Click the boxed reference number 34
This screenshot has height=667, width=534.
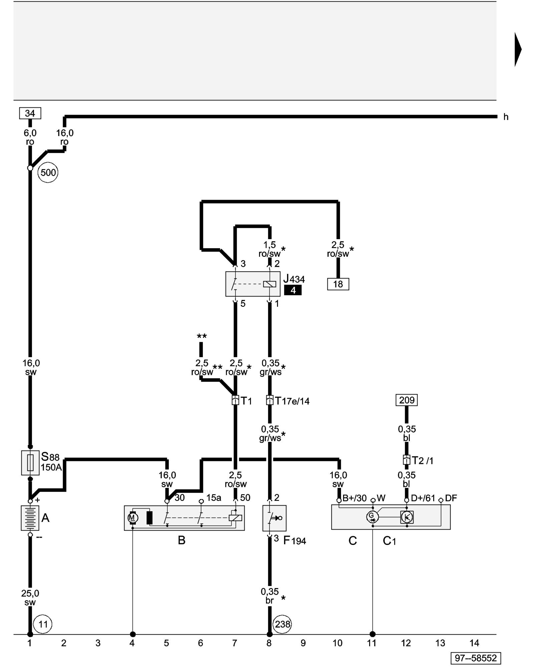tap(30, 113)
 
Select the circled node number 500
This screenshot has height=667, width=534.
tap(48, 172)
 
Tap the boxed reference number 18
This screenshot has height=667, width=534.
tap(338, 284)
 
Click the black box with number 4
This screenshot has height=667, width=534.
tap(293, 290)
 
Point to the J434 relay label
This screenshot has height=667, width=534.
tap(294, 279)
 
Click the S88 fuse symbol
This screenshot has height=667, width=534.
tap(30, 463)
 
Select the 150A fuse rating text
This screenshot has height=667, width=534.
tap(51, 467)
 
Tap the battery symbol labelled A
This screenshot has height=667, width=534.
tap(30, 518)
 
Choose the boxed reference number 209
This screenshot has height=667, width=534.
tap(407, 400)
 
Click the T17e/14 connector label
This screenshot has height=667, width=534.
tap(292, 401)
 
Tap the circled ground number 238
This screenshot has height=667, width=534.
tap(282, 624)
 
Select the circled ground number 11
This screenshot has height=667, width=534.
tap(43, 624)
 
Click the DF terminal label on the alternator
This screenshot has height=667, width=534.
tap(451, 498)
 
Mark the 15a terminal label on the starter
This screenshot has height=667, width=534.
tap(214, 498)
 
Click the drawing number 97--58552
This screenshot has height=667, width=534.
tap(476, 658)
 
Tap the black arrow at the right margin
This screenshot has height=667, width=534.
tap(518, 49)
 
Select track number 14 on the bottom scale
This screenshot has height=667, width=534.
tap(474, 643)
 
